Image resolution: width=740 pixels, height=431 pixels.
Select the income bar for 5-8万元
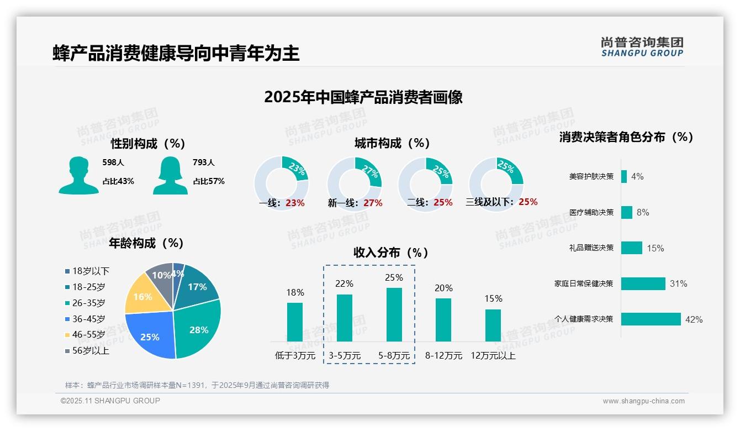[394, 315]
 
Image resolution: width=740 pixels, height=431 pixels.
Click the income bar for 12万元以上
[493, 325]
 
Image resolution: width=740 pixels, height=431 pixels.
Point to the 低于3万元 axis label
[295, 356]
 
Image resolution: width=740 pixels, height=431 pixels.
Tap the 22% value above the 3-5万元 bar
[344, 283]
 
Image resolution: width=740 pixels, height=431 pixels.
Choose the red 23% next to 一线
[295, 203]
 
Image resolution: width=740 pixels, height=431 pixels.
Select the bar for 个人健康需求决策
[651, 319]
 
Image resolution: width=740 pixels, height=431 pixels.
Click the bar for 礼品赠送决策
[631, 248]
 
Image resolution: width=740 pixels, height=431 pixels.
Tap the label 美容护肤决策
[591, 176]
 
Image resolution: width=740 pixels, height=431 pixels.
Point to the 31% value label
[678, 283]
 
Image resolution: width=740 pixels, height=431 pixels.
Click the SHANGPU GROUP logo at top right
[642, 47]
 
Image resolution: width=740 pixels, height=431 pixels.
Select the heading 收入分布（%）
[391, 253]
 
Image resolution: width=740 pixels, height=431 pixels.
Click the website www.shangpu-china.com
[643, 401]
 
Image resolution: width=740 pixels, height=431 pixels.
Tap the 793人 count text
[203, 162]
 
